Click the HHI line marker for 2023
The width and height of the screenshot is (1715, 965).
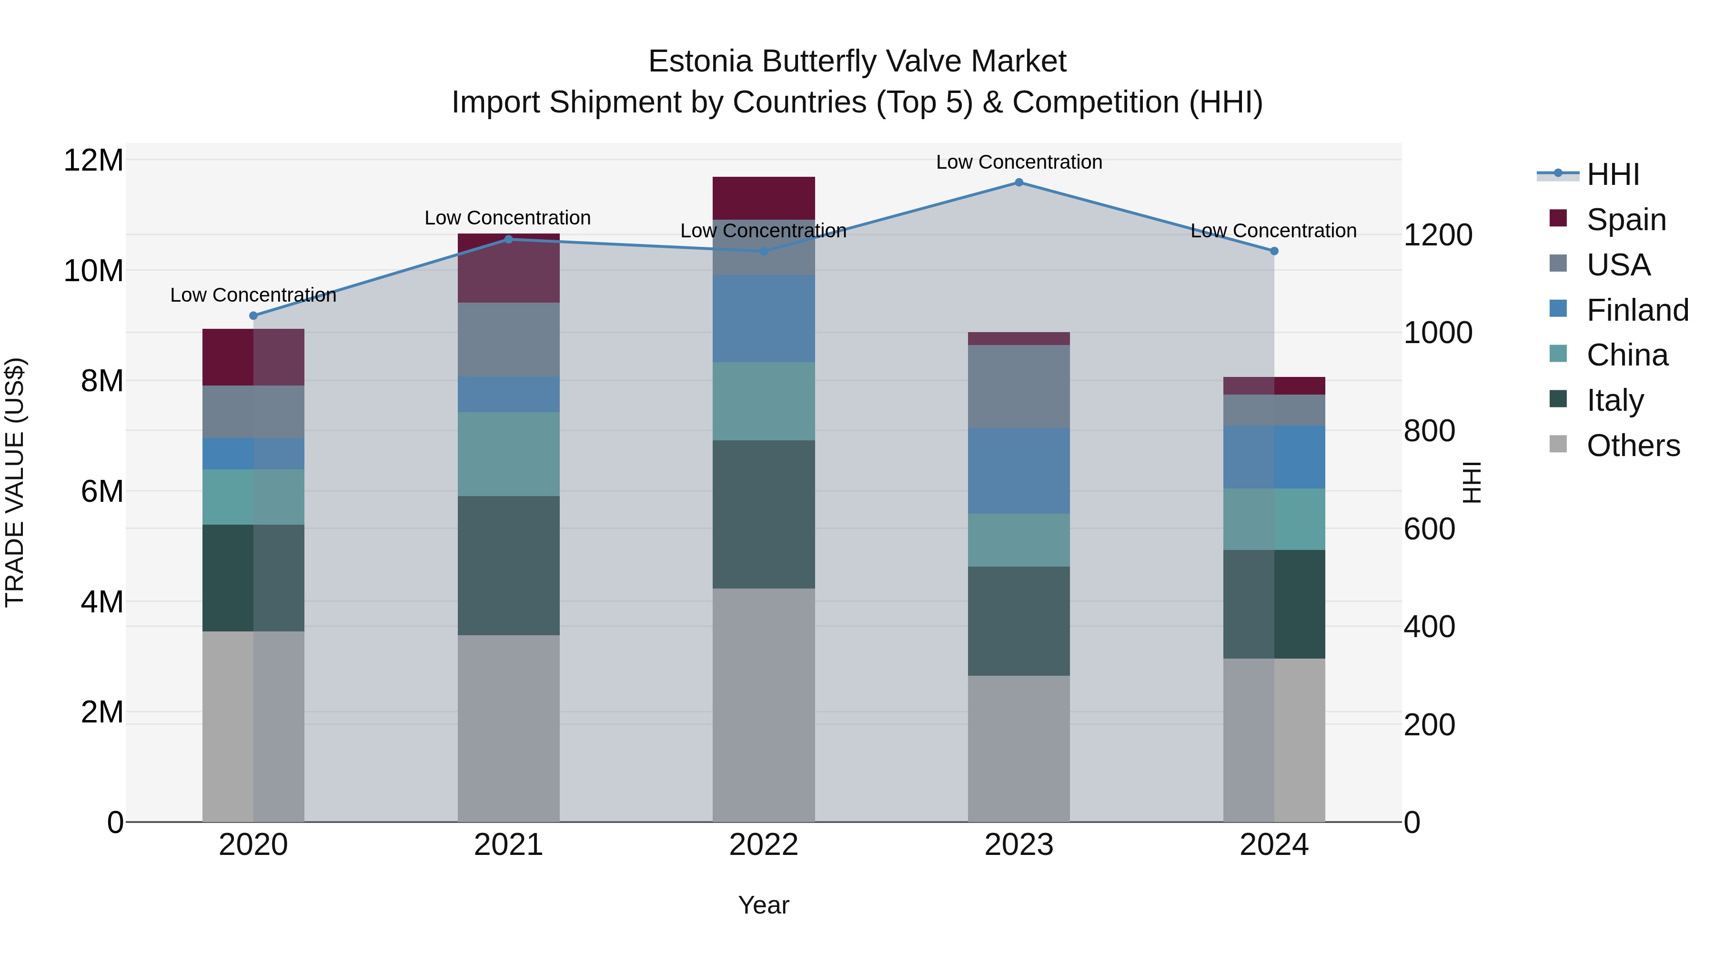pos(1019,183)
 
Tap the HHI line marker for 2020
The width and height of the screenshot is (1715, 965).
pos(253,315)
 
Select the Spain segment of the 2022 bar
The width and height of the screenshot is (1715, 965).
pos(764,198)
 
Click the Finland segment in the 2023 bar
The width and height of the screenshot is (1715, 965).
pos(1019,470)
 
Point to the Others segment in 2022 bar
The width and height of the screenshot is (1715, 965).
pos(764,705)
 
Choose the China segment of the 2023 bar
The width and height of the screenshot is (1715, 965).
pos(1019,539)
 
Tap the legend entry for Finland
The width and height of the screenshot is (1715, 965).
pos(1636,310)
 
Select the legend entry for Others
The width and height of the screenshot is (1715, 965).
pos(1633,446)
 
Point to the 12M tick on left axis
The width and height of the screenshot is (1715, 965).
pos(93,161)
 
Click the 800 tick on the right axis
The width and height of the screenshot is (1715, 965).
pos(1429,431)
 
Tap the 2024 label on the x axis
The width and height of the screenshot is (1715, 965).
pos(1273,845)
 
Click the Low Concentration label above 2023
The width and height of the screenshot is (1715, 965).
pos(1019,162)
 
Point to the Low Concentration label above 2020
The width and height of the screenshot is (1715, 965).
pos(253,295)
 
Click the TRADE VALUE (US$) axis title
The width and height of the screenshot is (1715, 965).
pos(15,482)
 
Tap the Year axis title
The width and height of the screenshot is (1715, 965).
pos(764,905)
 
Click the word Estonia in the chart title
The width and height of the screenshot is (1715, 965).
pos(700,61)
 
